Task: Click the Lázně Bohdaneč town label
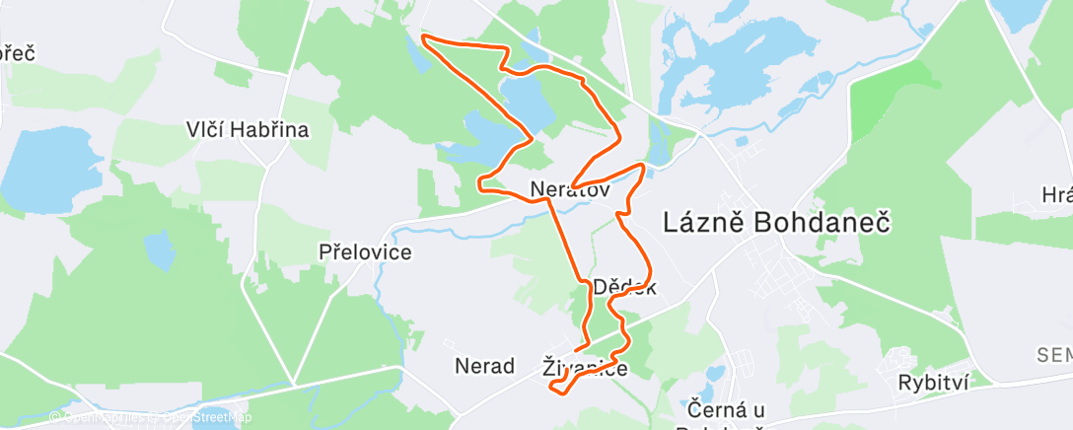(777, 223)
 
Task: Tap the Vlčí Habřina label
(249, 129)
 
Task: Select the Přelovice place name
(366, 251)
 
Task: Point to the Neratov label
(570, 187)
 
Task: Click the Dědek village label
(625, 287)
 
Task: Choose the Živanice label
(585, 367)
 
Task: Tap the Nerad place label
(484, 366)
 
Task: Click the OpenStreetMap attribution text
(209, 417)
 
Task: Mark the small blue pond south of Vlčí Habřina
(160, 251)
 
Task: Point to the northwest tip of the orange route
(423, 36)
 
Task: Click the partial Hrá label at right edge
(1057, 195)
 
